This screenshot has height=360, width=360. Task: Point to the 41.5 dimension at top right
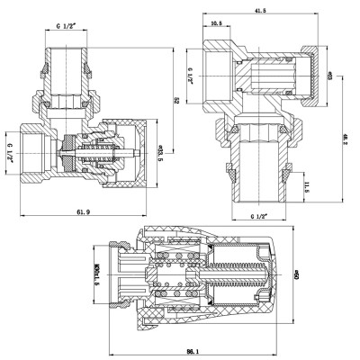(x=259, y=10)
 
